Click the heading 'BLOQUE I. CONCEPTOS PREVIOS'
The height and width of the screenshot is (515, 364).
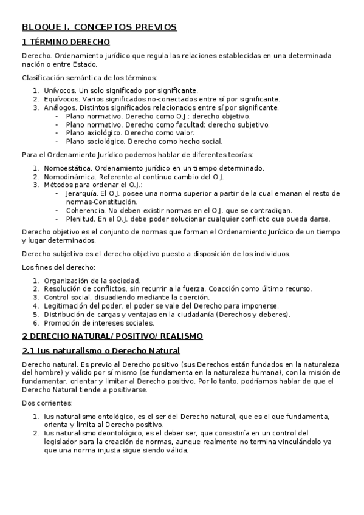(99, 27)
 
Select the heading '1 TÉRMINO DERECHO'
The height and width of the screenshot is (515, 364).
(66, 43)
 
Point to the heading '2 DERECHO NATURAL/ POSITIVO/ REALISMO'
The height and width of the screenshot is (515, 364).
(112, 336)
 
